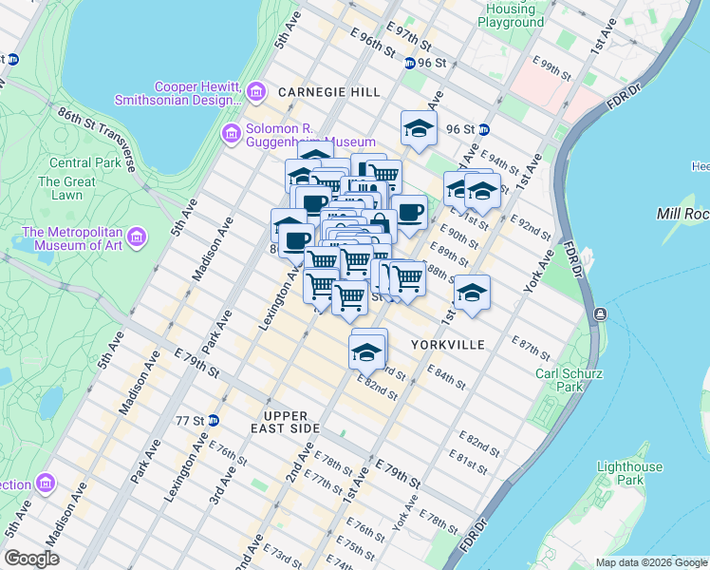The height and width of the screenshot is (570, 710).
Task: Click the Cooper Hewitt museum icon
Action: coord(255,92)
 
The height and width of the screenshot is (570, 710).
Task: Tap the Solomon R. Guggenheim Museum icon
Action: coord(232,134)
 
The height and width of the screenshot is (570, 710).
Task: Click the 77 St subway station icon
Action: coord(214,420)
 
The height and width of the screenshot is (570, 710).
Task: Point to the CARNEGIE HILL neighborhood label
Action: coord(328,92)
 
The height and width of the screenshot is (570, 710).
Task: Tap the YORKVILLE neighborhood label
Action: coord(447,345)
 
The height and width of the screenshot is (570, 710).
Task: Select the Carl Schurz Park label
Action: coord(569,380)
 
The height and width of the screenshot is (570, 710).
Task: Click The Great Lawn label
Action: coord(66,188)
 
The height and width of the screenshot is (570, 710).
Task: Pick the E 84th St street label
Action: coord(445,376)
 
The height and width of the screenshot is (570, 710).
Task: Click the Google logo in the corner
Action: coord(31,559)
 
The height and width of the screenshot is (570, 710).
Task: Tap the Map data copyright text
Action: coord(651,562)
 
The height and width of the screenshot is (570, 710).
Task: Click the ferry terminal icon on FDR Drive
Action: coord(600,313)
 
